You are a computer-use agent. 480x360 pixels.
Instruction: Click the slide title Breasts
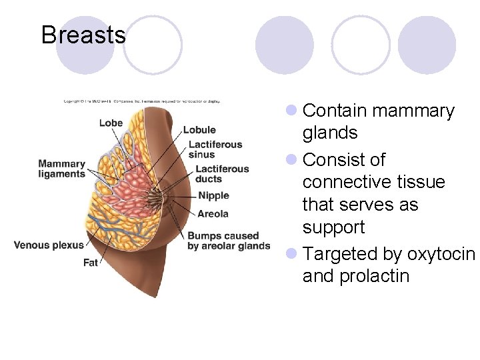83,35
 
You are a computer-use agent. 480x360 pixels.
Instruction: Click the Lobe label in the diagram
111,123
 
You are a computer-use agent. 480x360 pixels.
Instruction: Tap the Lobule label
199,130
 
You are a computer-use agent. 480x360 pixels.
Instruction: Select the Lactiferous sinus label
215,149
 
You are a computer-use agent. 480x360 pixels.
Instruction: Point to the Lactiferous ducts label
221,174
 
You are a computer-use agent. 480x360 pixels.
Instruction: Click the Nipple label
213,195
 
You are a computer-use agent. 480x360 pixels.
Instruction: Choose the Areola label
213,213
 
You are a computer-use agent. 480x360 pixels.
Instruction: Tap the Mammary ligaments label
62,169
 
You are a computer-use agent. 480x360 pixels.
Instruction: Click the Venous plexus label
49,245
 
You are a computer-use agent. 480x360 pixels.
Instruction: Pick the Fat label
91,262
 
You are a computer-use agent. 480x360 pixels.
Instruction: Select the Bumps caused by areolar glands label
228,241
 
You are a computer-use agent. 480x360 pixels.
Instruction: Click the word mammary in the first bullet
413,111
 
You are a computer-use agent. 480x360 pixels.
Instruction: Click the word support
333,227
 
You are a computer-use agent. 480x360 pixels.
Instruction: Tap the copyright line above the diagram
141,101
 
